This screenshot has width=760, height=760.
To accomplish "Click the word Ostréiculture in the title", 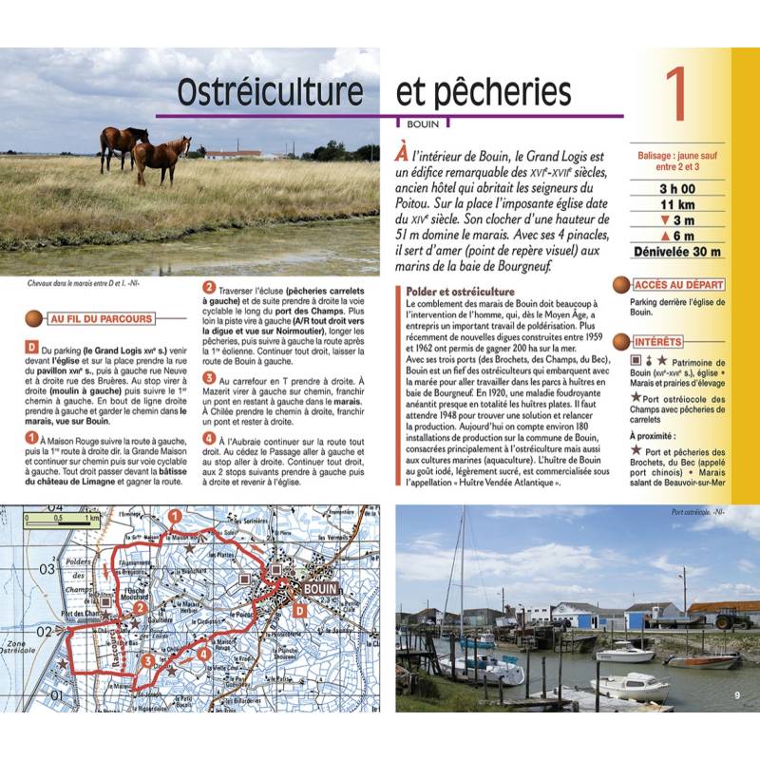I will click(271, 92).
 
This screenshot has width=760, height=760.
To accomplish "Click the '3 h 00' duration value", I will click(676, 188).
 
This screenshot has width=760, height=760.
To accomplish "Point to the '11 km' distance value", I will click(676, 204).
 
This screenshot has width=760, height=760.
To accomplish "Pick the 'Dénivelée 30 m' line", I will click(676, 252).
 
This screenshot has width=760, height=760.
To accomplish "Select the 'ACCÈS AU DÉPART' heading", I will click(677, 284).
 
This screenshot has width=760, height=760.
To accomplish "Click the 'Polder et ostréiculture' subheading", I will click(460, 291).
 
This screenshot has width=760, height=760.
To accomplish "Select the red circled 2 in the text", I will click(209, 286).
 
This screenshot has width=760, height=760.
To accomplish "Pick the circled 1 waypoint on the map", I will click(174, 516).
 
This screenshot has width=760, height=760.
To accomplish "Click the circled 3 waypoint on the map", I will click(148, 660).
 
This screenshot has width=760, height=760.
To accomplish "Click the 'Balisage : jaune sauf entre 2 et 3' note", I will click(676, 161).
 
